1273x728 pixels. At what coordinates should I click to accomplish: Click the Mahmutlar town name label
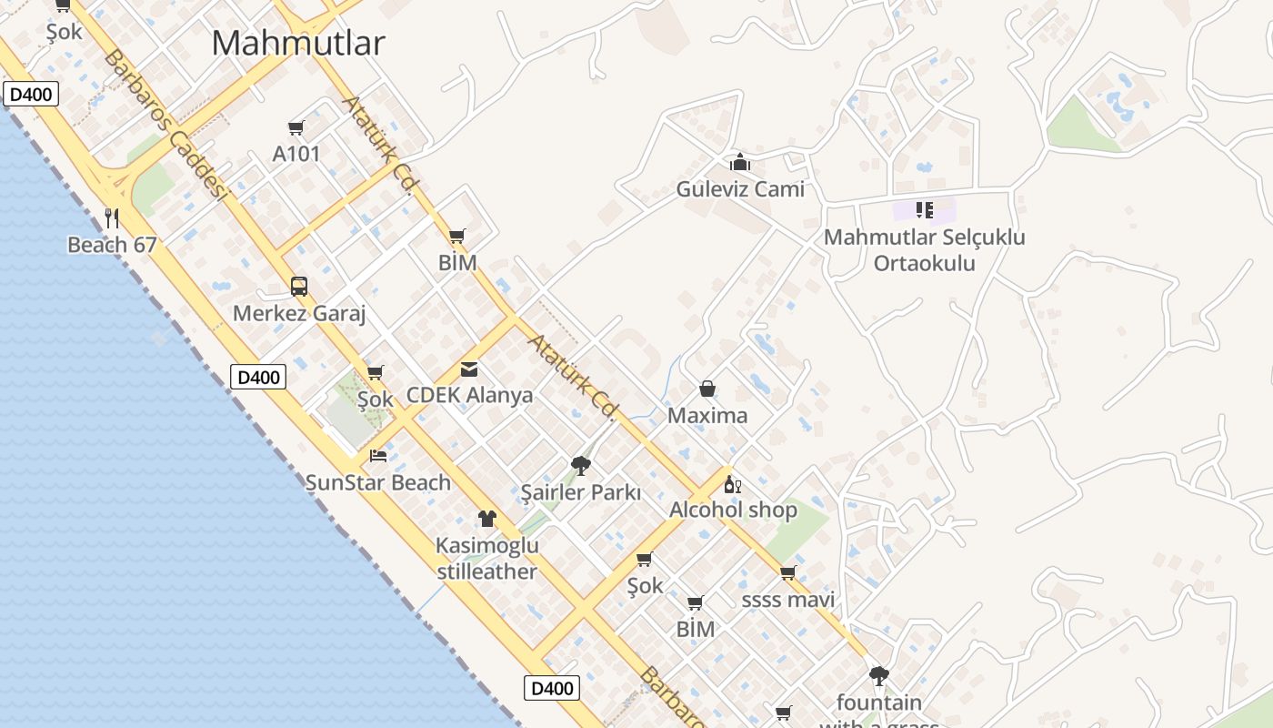click(298, 43)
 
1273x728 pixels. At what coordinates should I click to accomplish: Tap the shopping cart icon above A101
click(296, 127)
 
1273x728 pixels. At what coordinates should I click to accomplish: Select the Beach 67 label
click(112, 245)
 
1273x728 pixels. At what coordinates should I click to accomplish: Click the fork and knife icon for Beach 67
click(112, 217)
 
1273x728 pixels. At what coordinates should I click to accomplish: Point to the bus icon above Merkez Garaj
click(299, 287)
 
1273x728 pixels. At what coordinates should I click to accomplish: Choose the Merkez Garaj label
click(299, 314)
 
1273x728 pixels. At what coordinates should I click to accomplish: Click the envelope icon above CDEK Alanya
click(469, 369)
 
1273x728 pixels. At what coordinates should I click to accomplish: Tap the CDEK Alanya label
click(469, 395)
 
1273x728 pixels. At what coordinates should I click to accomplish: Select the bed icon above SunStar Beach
click(378, 455)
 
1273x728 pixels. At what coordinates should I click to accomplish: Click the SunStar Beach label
click(378, 482)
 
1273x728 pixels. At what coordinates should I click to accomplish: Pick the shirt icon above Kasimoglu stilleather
click(487, 519)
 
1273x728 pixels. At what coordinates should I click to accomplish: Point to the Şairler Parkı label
click(580, 493)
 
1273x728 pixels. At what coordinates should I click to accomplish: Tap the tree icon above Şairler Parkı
click(580, 467)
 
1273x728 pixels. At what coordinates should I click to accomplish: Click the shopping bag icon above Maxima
click(707, 389)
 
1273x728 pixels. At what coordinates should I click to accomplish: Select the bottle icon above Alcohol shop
click(732, 484)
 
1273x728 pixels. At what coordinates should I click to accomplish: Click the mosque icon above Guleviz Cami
click(740, 163)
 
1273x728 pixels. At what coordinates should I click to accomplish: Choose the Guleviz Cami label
click(740, 189)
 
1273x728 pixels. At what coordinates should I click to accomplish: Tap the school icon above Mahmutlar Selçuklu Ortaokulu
click(925, 210)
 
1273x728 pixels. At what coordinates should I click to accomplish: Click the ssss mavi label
click(788, 600)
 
